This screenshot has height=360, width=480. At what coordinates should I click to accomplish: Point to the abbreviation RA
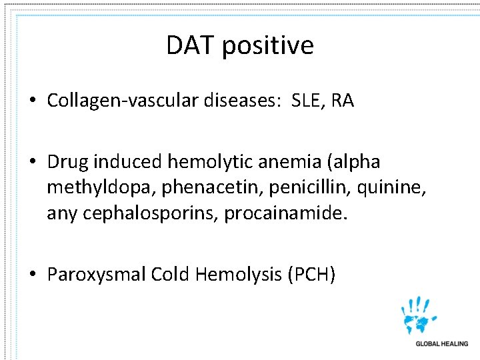coord(343,101)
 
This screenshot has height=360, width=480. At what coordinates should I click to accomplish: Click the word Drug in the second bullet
coord(68,162)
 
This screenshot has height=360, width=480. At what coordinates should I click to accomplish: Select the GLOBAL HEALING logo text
coord(442,344)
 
